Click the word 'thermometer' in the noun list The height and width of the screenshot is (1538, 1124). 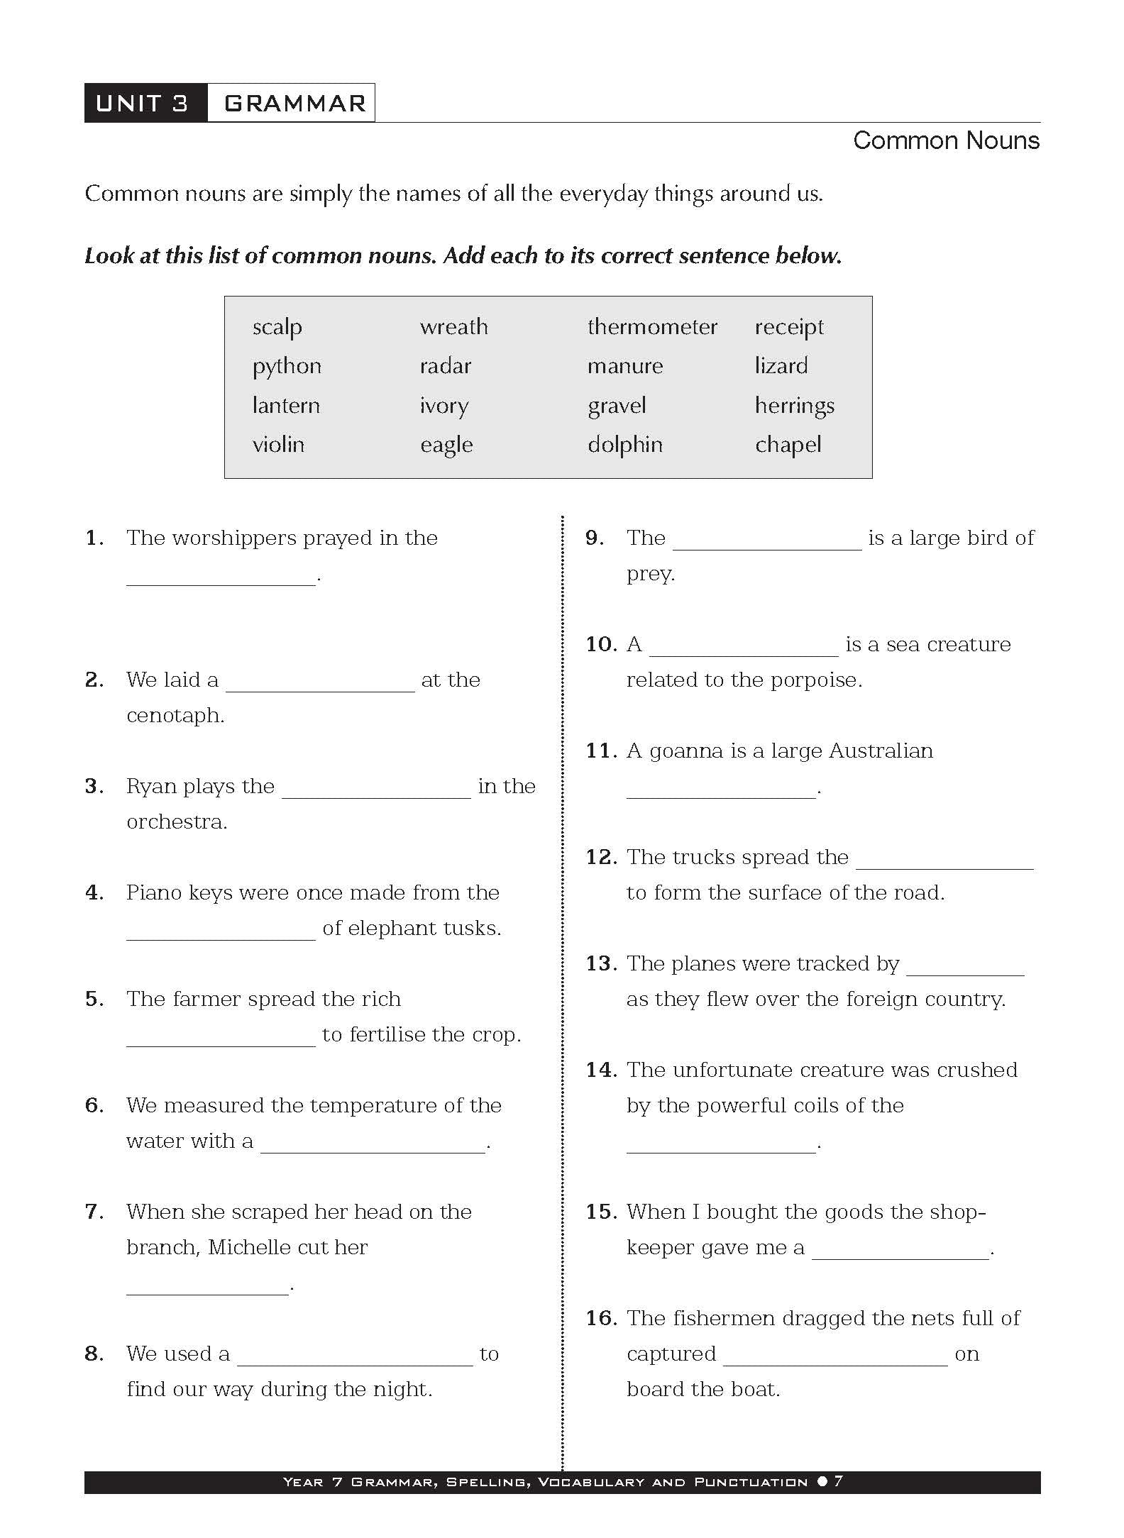[x=652, y=327]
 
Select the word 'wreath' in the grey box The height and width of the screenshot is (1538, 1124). [x=453, y=327]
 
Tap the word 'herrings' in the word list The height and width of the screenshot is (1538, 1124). [x=794, y=406]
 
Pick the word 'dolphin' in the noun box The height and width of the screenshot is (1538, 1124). [x=624, y=445]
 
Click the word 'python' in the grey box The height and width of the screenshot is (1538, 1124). [x=287, y=367]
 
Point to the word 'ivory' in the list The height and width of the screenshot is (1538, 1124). [x=444, y=406]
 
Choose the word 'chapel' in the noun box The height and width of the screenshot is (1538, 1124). [x=788, y=445]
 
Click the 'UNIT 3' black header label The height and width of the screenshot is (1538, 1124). [x=143, y=104]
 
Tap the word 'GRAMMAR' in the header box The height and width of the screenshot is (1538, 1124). [x=294, y=104]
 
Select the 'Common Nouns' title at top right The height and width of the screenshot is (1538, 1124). [x=946, y=140]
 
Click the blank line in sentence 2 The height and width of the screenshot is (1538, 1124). [x=320, y=689]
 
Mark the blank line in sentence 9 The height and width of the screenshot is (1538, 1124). [x=767, y=547]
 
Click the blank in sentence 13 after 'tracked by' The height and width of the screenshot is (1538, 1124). [x=965, y=973]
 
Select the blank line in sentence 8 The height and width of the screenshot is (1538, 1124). [x=355, y=1363]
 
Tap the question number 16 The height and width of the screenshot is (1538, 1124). [x=601, y=1318]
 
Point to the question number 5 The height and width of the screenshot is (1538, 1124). [x=94, y=999]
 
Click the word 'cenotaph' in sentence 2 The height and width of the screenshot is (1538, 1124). [x=175, y=715]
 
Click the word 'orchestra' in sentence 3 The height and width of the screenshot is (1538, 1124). [x=176, y=821]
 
